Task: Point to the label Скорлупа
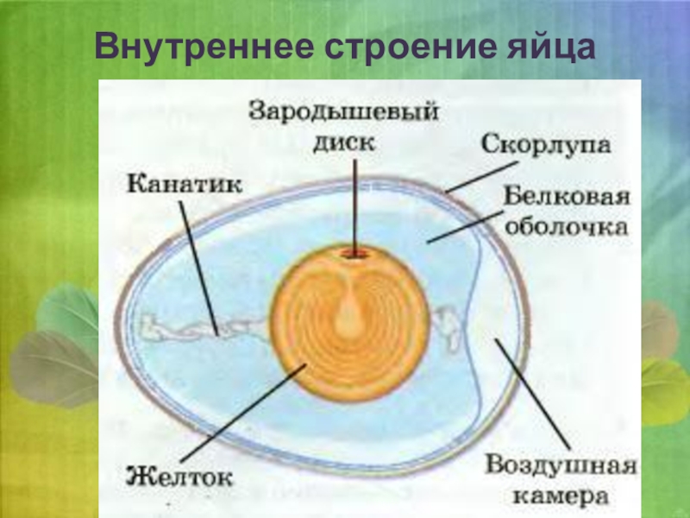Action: click(546, 142)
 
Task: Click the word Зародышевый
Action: click(344, 112)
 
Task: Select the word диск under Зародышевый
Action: click(345, 142)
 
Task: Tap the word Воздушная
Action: click(561, 467)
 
